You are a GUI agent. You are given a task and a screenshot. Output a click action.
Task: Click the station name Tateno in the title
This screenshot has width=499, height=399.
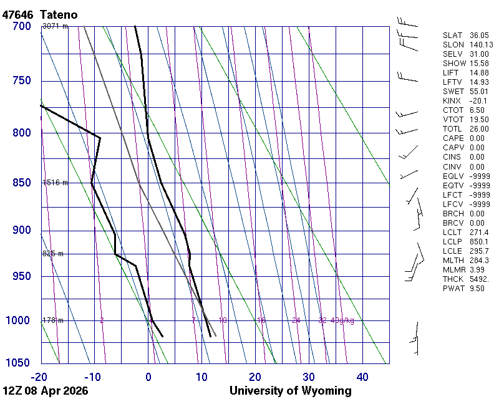[x=61, y=14]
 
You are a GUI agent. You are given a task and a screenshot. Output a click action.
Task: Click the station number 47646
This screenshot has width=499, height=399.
[x=18, y=14]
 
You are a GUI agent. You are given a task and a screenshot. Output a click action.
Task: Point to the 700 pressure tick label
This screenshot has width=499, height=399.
[x=21, y=26]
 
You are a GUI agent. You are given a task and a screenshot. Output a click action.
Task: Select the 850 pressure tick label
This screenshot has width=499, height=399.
[x=21, y=183]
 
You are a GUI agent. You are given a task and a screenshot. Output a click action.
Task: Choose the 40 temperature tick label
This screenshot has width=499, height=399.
[x=362, y=377]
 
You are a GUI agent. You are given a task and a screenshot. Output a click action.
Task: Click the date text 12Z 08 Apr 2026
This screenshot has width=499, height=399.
[x=45, y=391]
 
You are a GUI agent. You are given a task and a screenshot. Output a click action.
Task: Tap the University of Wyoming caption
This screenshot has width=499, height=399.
[x=290, y=391]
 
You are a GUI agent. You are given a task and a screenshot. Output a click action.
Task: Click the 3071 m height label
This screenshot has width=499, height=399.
[x=55, y=26]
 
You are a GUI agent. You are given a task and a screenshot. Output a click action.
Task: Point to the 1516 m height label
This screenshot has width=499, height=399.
[x=55, y=183]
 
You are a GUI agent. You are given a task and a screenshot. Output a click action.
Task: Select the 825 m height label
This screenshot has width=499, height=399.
[x=53, y=254]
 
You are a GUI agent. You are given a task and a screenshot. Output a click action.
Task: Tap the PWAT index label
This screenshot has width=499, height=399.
[x=453, y=288]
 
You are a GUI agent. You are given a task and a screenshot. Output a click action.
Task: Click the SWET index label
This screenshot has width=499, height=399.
[x=453, y=92]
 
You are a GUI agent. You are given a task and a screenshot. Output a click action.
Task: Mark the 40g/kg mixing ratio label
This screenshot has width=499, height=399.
[x=343, y=320]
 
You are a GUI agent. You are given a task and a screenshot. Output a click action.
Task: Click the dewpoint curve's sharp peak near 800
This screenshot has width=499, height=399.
[x=100, y=137]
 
